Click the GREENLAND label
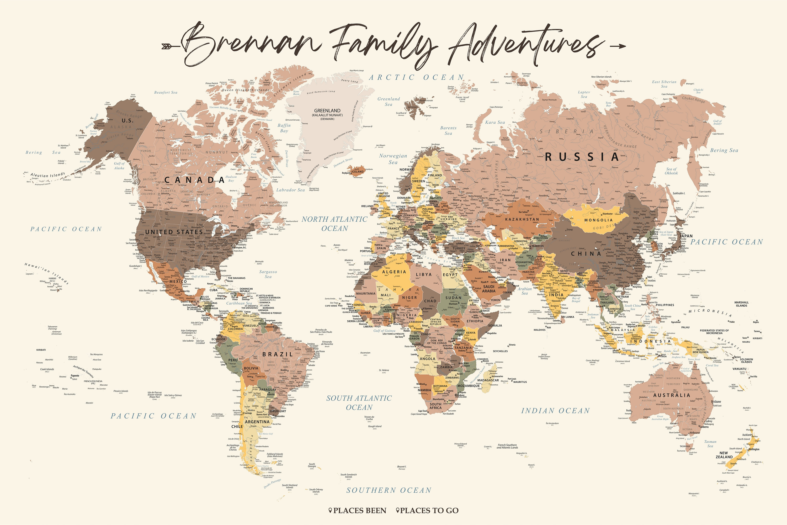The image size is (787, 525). point(327,111)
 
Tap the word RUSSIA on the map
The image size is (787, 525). point(582,157)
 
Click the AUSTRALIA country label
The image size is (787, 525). point(672,395)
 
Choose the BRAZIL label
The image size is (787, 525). point(278,354)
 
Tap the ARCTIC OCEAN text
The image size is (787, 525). point(416,78)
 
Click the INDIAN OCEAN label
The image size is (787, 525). point(555,411)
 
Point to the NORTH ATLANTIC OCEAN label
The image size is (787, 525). point(334,224)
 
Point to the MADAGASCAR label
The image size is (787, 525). point(488,380)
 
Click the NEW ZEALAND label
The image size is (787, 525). point(724,455)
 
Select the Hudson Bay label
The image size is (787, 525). point(231,178)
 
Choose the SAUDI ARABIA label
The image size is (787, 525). point(488,289)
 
